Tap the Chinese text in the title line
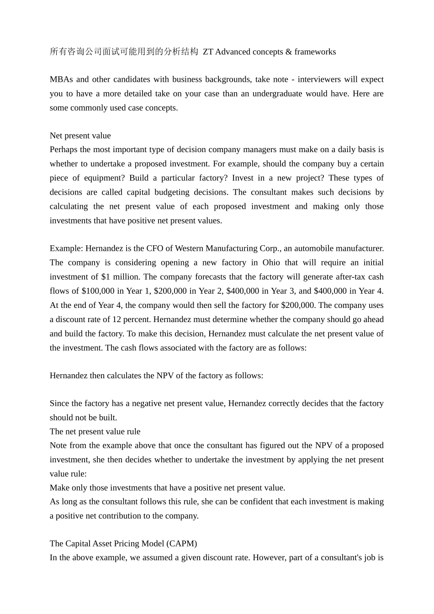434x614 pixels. [x=124, y=52]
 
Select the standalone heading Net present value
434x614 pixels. [x=80, y=136]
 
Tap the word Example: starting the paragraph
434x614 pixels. [x=66, y=249]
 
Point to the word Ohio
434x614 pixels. [x=272, y=263]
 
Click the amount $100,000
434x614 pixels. [x=98, y=291]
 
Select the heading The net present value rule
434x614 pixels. [x=95, y=432]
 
